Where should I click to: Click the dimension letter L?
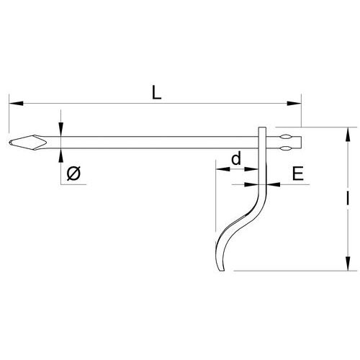(x=156, y=93)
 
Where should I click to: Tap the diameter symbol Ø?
(x=74, y=173)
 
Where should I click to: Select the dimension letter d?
(x=236, y=158)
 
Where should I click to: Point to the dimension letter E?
(x=298, y=174)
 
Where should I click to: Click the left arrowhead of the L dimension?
(x=16, y=104)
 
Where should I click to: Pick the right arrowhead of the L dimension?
(x=294, y=104)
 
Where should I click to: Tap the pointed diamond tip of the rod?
(x=28, y=143)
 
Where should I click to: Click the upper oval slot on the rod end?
(x=285, y=138)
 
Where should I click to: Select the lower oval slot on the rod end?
(x=285, y=148)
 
